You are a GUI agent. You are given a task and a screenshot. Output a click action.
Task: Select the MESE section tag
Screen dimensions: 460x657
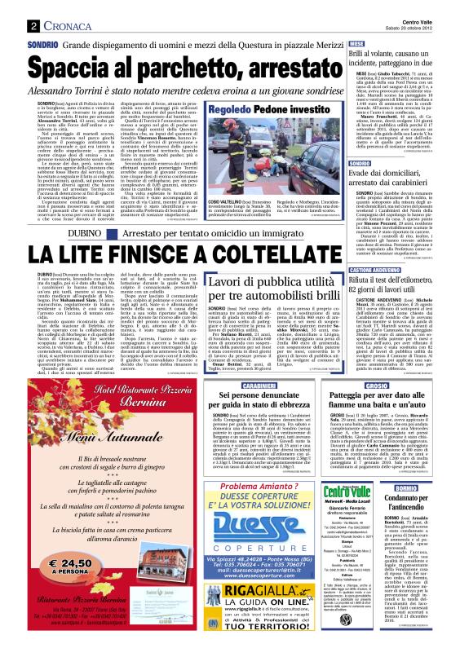point(356,45)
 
